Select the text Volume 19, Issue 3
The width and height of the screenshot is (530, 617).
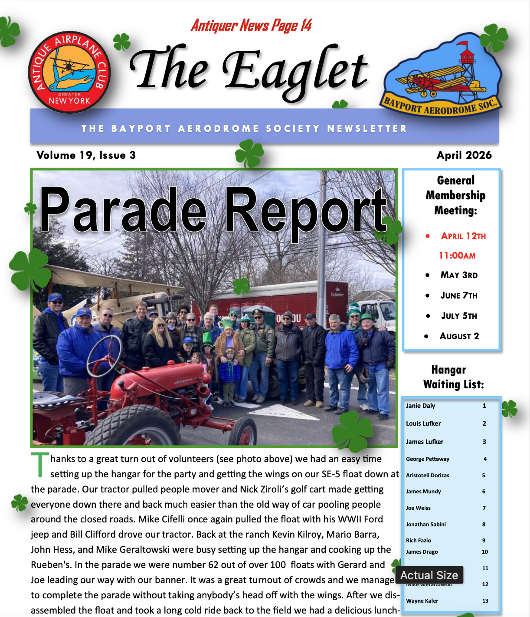pyautogui.click(x=86, y=155)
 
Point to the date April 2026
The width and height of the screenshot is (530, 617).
pyautogui.click(x=464, y=155)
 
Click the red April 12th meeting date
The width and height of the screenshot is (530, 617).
pyautogui.click(x=463, y=236)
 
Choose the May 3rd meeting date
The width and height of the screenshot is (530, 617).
pyautogui.click(x=459, y=275)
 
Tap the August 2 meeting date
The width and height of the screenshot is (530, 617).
pyautogui.click(x=459, y=336)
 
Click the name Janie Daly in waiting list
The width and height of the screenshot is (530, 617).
pyautogui.click(x=420, y=406)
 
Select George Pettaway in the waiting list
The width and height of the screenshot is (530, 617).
pyautogui.click(x=427, y=459)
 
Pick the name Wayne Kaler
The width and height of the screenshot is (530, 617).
pyautogui.click(x=422, y=601)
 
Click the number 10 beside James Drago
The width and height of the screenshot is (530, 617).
pyautogui.click(x=485, y=552)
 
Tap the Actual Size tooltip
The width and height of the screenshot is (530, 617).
pyautogui.click(x=429, y=575)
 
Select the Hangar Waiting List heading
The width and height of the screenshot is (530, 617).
pyautogui.click(x=453, y=377)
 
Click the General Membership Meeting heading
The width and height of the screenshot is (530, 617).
pyautogui.click(x=455, y=195)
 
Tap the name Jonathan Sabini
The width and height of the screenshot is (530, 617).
pyautogui.click(x=425, y=524)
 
